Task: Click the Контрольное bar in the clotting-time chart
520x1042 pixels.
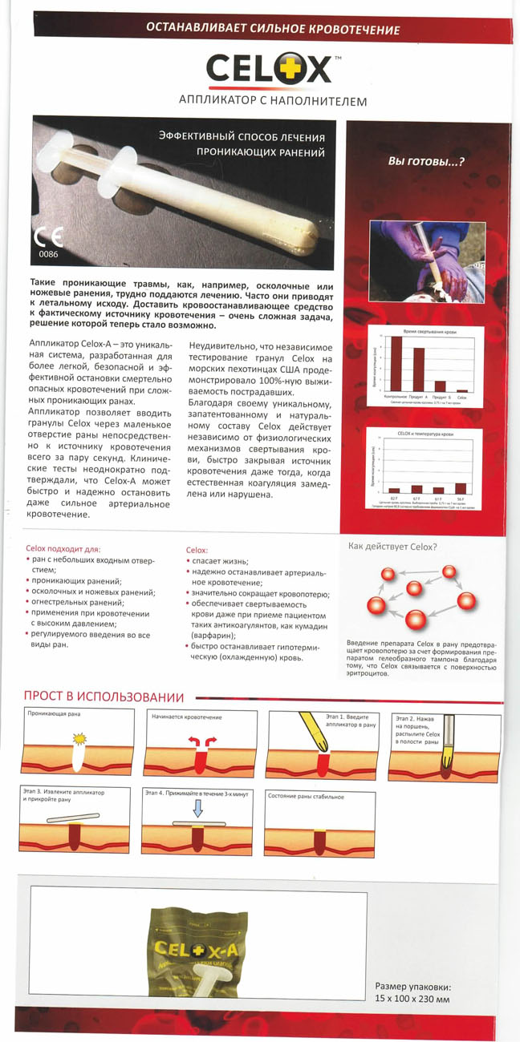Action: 396,363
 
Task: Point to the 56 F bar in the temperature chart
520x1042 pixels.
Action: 460,487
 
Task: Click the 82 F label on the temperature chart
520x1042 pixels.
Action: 393,498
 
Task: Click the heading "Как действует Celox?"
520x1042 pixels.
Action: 392,547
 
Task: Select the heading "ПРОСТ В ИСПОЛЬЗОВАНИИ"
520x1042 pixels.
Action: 104,698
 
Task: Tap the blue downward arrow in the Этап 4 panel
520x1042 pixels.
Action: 198,810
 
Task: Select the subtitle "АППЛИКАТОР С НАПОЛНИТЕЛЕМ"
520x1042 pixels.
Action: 273,102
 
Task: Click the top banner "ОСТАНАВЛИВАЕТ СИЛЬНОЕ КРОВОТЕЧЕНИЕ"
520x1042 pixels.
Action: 273,30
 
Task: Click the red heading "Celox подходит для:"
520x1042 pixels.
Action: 63,549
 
